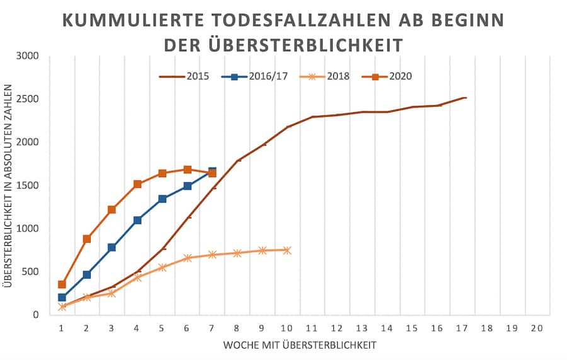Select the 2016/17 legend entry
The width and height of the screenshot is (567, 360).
point(249,76)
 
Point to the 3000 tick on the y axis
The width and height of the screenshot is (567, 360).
point(28,56)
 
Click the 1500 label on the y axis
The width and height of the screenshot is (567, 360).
point(28,185)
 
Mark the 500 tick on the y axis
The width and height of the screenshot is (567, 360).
point(31,272)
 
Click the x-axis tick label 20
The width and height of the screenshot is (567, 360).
point(537,328)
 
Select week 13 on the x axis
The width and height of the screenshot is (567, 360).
point(362,328)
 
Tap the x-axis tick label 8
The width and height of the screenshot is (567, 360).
point(237,328)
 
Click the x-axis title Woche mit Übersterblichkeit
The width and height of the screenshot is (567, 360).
point(299,345)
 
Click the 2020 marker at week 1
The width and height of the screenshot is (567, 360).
point(62,284)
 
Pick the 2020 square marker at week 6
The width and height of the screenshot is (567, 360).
point(187,170)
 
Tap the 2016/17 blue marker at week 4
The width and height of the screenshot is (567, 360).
point(137,220)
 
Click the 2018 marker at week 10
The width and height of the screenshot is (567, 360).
point(287,250)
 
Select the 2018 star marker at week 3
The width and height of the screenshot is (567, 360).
point(112,293)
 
